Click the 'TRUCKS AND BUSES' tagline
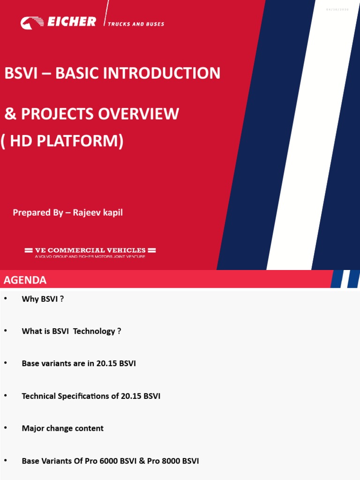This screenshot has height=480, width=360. point(136,24)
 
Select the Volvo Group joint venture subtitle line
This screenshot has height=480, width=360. point(90,257)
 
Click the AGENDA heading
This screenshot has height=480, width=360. point(25,280)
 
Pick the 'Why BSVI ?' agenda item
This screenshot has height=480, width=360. point(43,299)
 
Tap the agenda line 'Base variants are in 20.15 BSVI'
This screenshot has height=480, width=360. point(79,363)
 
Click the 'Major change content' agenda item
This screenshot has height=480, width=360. point(62,428)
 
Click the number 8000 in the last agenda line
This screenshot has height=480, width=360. point(170,461)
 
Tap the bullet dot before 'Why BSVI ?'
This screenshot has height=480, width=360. point(6,299)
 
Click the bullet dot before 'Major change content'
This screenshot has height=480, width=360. point(6,428)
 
